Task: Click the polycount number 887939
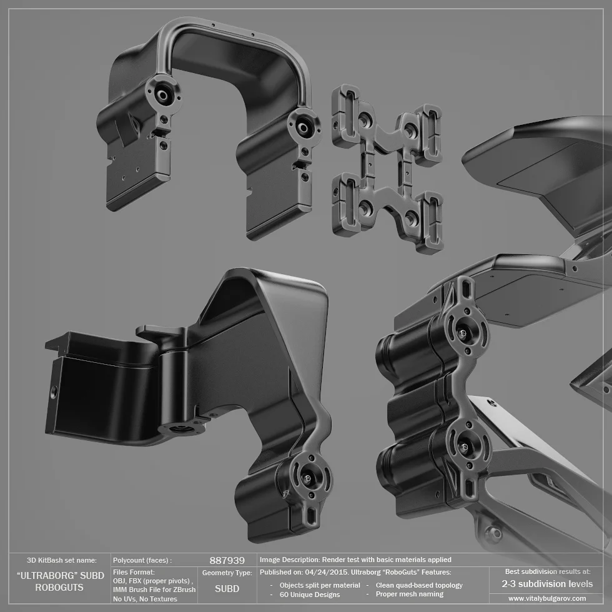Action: pyautogui.click(x=227, y=561)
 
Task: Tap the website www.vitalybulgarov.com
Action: pyautogui.click(x=547, y=598)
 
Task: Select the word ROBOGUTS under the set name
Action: pyautogui.click(x=59, y=588)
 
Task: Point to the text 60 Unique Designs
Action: pyautogui.click(x=310, y=595)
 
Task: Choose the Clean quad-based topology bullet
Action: pyautogui.click(x=419, y=585)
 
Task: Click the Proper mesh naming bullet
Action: pyautogui.click(x=410, y=594)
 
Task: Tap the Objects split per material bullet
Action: pyautogui.click(x=320, y=585)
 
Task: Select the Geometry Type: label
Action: pyautogui.click(x=227, y=573)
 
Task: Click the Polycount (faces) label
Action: pyautogui.click(x=142, y=560)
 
